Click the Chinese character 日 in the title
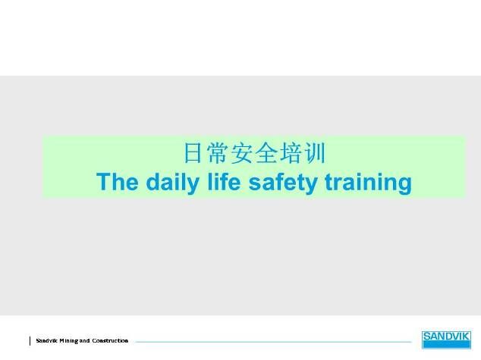[x=193, y=153]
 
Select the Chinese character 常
[x=217, y=153]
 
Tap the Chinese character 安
[x=241, y=153]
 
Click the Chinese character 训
[x=314, y=153]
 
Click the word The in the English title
[x=117, y=182]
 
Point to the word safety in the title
[x=282, y=183]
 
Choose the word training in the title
[x=368, y=183]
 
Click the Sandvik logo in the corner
[x=446, y=340]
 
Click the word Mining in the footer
[x=69, y=341]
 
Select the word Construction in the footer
[x=110, y=340]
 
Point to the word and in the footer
[x=85, y=340]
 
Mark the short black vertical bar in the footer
[x=30, y=341]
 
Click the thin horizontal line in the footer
[x=273, y=342]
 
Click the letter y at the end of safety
[x=311, y=185]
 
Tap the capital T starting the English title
[x=103, y=182]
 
